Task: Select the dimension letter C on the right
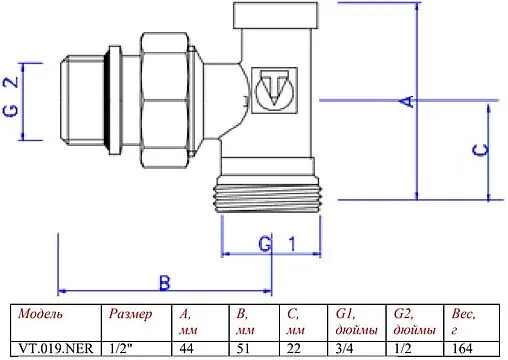[x=478, y=150]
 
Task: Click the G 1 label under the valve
[x=275, y=243]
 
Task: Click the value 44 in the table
[x=186, y=349]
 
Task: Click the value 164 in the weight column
[x=462, y=349]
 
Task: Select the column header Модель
[x=41, y=315]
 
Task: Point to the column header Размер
[x=130, y=315]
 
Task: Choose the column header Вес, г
[x=462, y=322]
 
